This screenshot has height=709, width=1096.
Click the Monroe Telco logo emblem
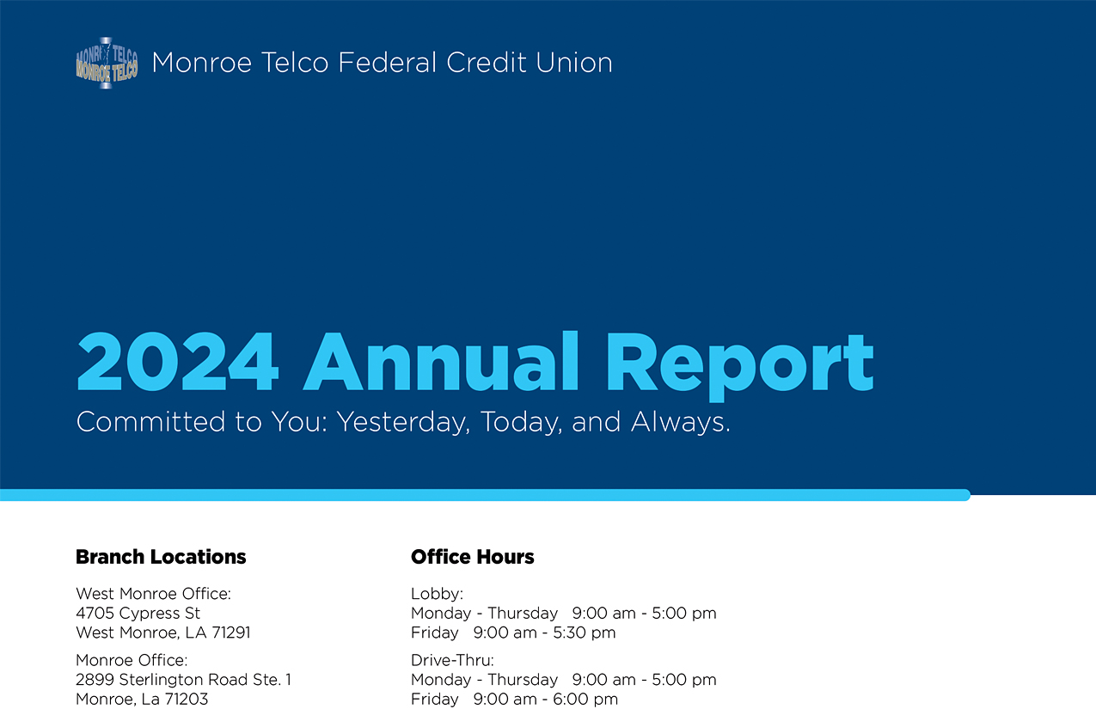[107, 63]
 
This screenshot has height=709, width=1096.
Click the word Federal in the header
[387, 63]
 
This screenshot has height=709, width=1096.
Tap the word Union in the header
[573, 63]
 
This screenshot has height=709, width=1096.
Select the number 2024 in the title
[178, 362]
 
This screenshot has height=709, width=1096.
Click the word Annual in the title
[441, 362]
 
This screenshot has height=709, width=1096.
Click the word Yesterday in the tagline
[403, 422]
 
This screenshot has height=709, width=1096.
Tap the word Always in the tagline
[680, 422]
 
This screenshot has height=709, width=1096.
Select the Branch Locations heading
[161, 557]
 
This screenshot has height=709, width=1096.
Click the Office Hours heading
[472, 557]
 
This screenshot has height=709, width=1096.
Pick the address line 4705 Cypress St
[138, 613]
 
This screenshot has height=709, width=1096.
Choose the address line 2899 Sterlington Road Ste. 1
[183, 680]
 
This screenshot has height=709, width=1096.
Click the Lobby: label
[437, 594]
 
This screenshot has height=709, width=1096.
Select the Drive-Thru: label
[452, 661]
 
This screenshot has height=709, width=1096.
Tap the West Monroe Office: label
[153, 594]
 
